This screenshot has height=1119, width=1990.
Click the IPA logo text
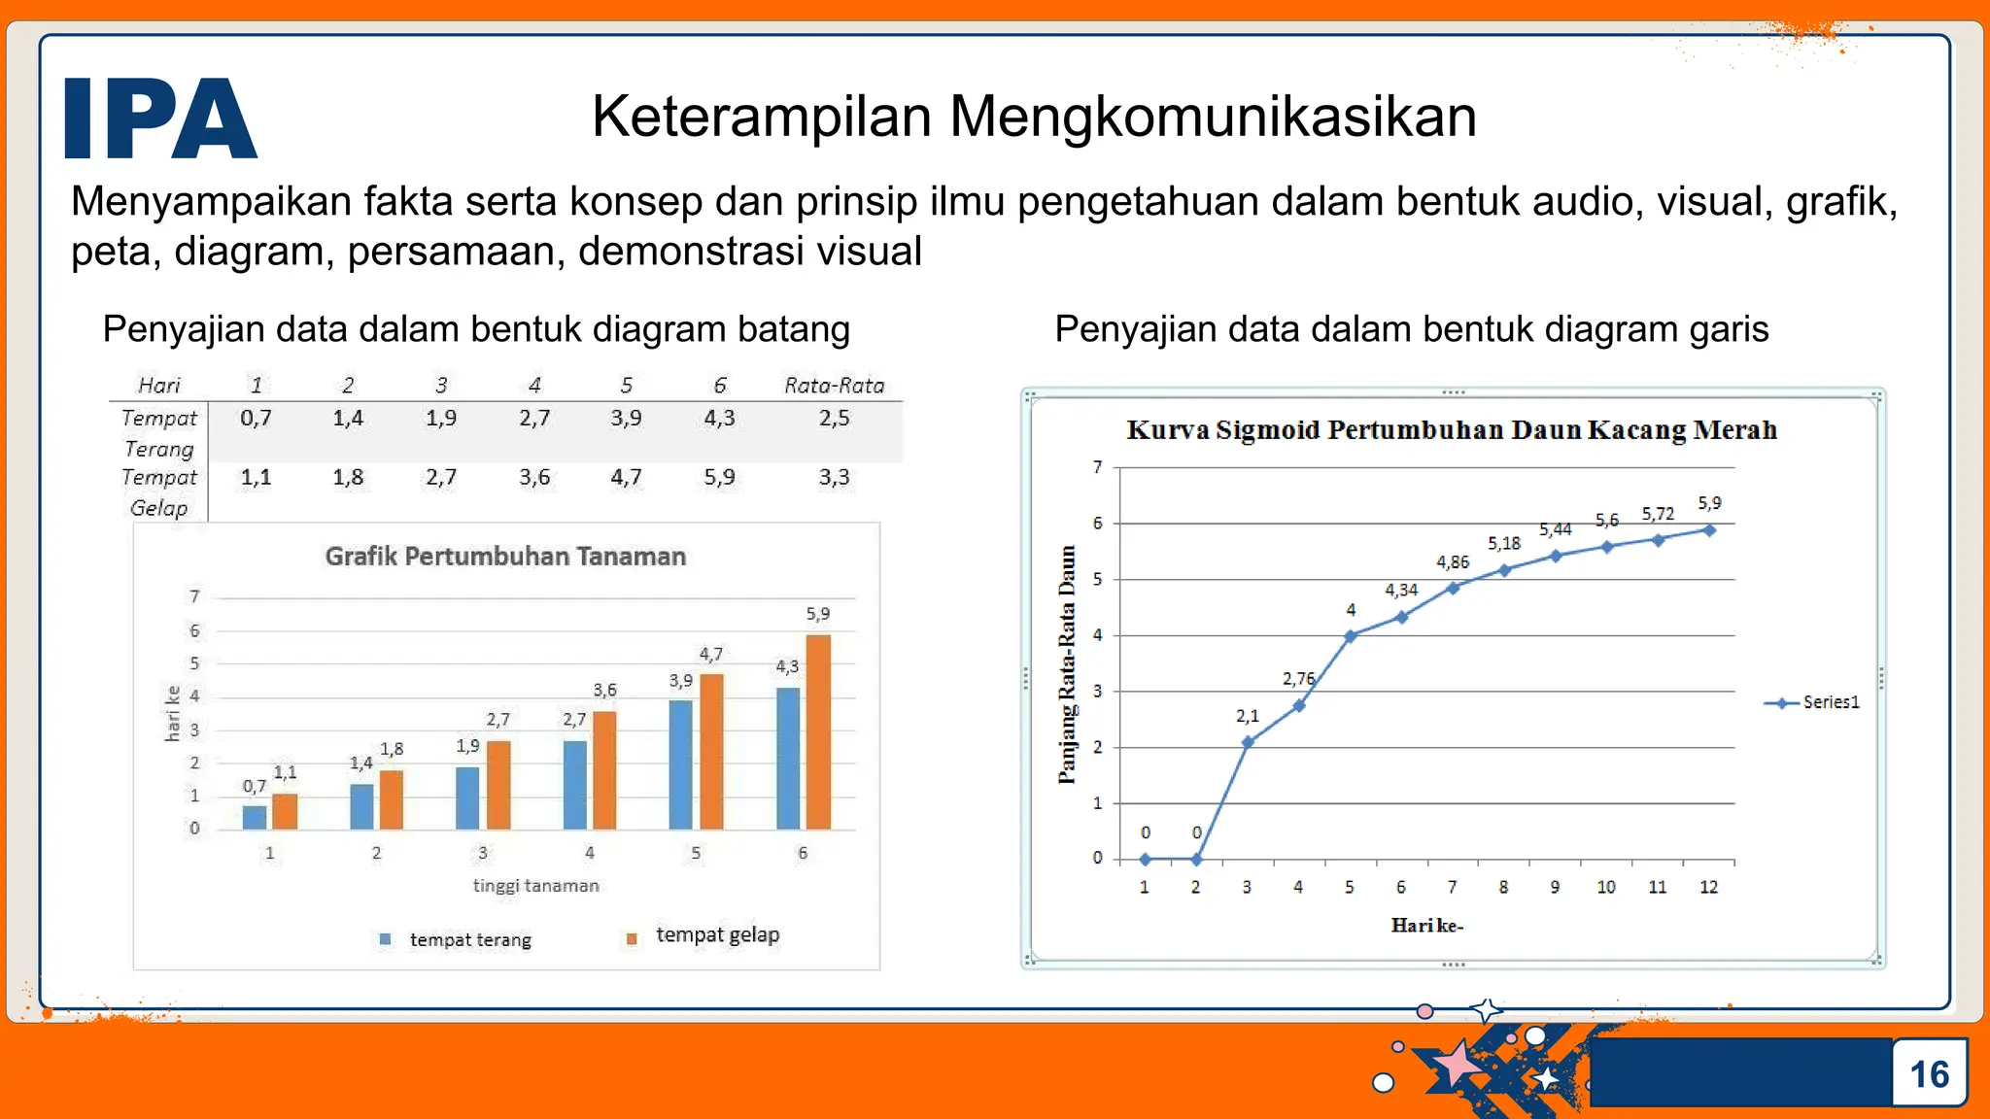point(160,119)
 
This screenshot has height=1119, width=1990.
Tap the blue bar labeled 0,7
point(255,817)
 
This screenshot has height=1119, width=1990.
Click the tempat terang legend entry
point(457,939)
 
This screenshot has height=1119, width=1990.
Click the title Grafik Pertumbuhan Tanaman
point(505,557)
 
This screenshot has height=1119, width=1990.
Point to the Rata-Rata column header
point(834,386)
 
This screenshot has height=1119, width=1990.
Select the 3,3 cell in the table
point(834,477)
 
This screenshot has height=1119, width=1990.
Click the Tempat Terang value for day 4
point(533,418)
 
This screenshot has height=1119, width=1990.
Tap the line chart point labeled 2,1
point(1248,742)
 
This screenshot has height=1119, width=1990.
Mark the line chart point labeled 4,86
point(1453,588)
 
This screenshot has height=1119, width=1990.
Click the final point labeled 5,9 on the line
point(1709,530)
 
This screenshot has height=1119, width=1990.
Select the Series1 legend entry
point(1812,702)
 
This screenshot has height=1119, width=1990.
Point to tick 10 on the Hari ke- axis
point(1606,887)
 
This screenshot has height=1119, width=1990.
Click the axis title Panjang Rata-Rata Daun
point(1067,664)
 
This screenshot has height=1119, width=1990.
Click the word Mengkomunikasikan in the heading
point(1213,117)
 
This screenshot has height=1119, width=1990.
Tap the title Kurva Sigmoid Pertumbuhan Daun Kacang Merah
point(1452,430)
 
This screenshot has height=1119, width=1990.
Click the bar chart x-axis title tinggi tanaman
point(535,886)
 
